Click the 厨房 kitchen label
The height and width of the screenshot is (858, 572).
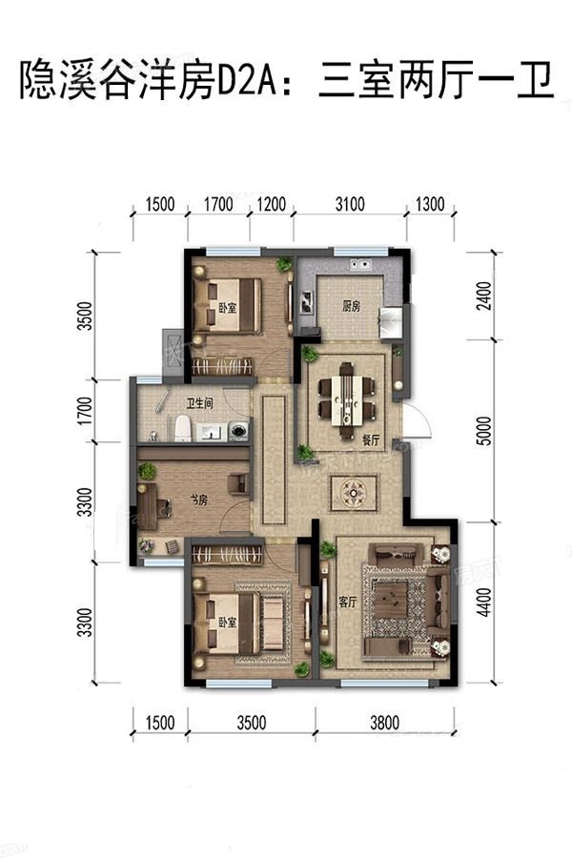click(352, 305)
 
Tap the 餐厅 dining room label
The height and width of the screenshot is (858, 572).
click(371, 440)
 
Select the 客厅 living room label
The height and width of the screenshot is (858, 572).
click(348, 603)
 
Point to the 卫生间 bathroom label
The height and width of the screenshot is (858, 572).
click(199, 404)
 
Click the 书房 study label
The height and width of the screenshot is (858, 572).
click(198, 500)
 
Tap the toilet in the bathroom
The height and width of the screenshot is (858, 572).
click(183, 428)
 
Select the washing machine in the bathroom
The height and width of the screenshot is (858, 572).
click(238, 430)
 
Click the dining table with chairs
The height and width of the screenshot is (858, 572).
click(346, 400)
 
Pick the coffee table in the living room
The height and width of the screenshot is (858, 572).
click(390, 601)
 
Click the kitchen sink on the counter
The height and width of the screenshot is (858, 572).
click(360, 265)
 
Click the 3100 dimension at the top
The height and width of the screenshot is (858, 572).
click(350, 205)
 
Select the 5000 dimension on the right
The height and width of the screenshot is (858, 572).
click(484, 431)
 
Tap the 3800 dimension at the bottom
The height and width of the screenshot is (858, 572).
click(385, 723)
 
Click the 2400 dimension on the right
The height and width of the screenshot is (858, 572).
click(484, 296)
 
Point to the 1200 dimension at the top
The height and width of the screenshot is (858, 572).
click(272, 205)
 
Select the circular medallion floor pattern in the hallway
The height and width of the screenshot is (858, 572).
click(354, 493)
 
